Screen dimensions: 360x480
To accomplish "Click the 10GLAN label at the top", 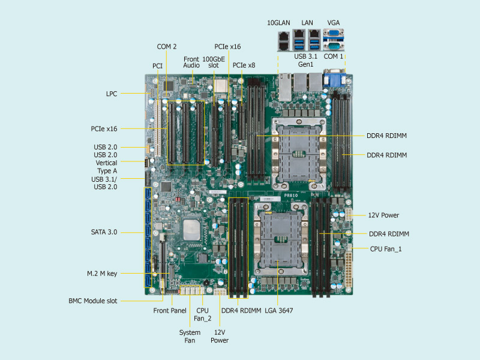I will [x=278, y=23].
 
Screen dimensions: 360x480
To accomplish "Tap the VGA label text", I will [x=334, y=23].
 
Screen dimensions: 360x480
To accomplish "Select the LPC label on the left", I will [x=111, y=94].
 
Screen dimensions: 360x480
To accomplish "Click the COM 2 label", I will [x=167, y=46].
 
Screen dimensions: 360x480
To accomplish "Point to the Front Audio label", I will [x=191, y=62].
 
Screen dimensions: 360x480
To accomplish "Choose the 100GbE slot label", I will [x=214, y=62].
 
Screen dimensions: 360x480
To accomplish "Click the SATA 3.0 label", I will [x=104, y=232].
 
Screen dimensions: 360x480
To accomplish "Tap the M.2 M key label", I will [x=101, y=274].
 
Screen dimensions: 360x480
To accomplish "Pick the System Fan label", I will [x=190, y=336].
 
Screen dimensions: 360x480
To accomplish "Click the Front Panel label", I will [x=170, y=311].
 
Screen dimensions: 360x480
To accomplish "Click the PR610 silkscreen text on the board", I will [x=291, y=196].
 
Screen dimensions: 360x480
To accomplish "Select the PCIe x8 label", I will [x=244, y=65].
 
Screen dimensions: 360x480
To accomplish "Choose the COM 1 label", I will [x=334, y=56].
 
